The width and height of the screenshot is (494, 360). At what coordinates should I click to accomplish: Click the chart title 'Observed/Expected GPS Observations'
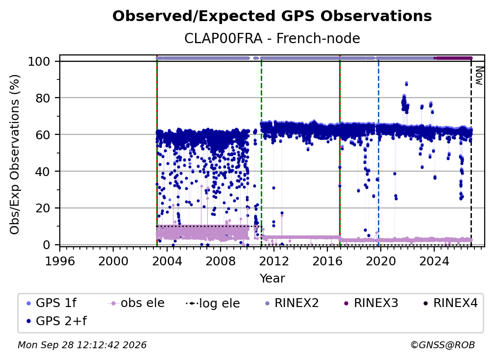(272, 16)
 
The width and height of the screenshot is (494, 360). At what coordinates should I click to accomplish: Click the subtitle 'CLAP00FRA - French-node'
(272, 38)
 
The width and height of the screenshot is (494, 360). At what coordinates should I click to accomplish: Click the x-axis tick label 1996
(60, 261)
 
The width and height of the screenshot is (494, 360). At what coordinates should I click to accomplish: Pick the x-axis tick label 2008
(220, 261)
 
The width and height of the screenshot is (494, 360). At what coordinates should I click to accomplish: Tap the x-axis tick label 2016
(327, 261)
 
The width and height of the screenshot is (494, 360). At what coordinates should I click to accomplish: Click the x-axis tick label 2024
(434, 261)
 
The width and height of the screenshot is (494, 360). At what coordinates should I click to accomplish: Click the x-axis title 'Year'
(272, 279)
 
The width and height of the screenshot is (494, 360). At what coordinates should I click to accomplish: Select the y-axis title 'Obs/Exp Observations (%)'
(15, 154)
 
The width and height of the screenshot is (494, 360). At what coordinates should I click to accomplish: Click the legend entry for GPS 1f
(52, 303)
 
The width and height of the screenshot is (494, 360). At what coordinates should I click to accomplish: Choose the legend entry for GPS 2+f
(57, 321)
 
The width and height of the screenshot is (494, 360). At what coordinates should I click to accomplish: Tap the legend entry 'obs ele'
(136, 303)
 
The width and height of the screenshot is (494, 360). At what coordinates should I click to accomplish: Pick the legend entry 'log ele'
(213, 303)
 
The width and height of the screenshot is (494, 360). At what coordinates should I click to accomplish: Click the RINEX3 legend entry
(371, 303)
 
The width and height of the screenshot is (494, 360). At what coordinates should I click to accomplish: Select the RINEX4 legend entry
(450, 303)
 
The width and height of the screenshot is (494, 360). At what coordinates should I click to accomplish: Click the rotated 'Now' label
(479, 76)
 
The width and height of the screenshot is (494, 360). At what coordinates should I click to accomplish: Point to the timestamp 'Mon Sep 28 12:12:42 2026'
(82, 345)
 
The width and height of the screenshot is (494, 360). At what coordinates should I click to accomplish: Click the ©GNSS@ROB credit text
(443, 345)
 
